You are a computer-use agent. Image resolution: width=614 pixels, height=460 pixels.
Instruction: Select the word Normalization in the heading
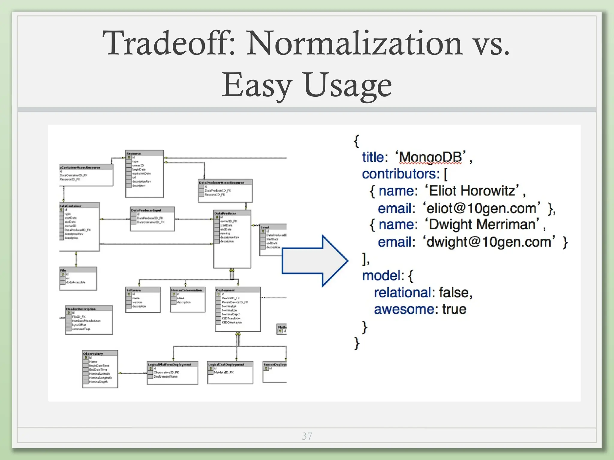tap(354, 43)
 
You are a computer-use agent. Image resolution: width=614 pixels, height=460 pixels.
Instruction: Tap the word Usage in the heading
tap(348, 85)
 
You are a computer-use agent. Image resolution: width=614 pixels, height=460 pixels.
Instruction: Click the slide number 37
tap(307, 436)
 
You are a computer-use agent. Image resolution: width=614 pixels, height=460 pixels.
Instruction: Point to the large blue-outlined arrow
tap(315, 261)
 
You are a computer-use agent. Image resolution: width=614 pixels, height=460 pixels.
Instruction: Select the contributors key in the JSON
tap(401, 174)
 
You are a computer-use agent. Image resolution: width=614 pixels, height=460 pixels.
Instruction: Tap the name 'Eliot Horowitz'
tap(472, 191)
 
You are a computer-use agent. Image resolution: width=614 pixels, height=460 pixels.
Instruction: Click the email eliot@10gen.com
tap(481, 208)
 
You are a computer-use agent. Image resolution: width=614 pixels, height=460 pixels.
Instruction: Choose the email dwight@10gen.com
tap(489, 242)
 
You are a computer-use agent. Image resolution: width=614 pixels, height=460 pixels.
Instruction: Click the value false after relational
tap(455, 293)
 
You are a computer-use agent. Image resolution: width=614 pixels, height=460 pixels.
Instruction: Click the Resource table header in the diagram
tap(134, 153)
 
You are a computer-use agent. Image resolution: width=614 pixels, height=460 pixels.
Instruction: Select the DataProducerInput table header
tap(146, 210)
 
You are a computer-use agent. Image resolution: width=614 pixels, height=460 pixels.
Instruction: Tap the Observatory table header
tap(93, 354)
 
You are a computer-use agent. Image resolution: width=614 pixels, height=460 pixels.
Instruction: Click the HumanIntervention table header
tap(186, 290)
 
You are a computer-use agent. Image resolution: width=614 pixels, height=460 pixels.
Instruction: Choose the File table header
tap(63, 270)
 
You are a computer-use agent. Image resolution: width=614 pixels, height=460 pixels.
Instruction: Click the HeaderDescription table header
tap(81, 309)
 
